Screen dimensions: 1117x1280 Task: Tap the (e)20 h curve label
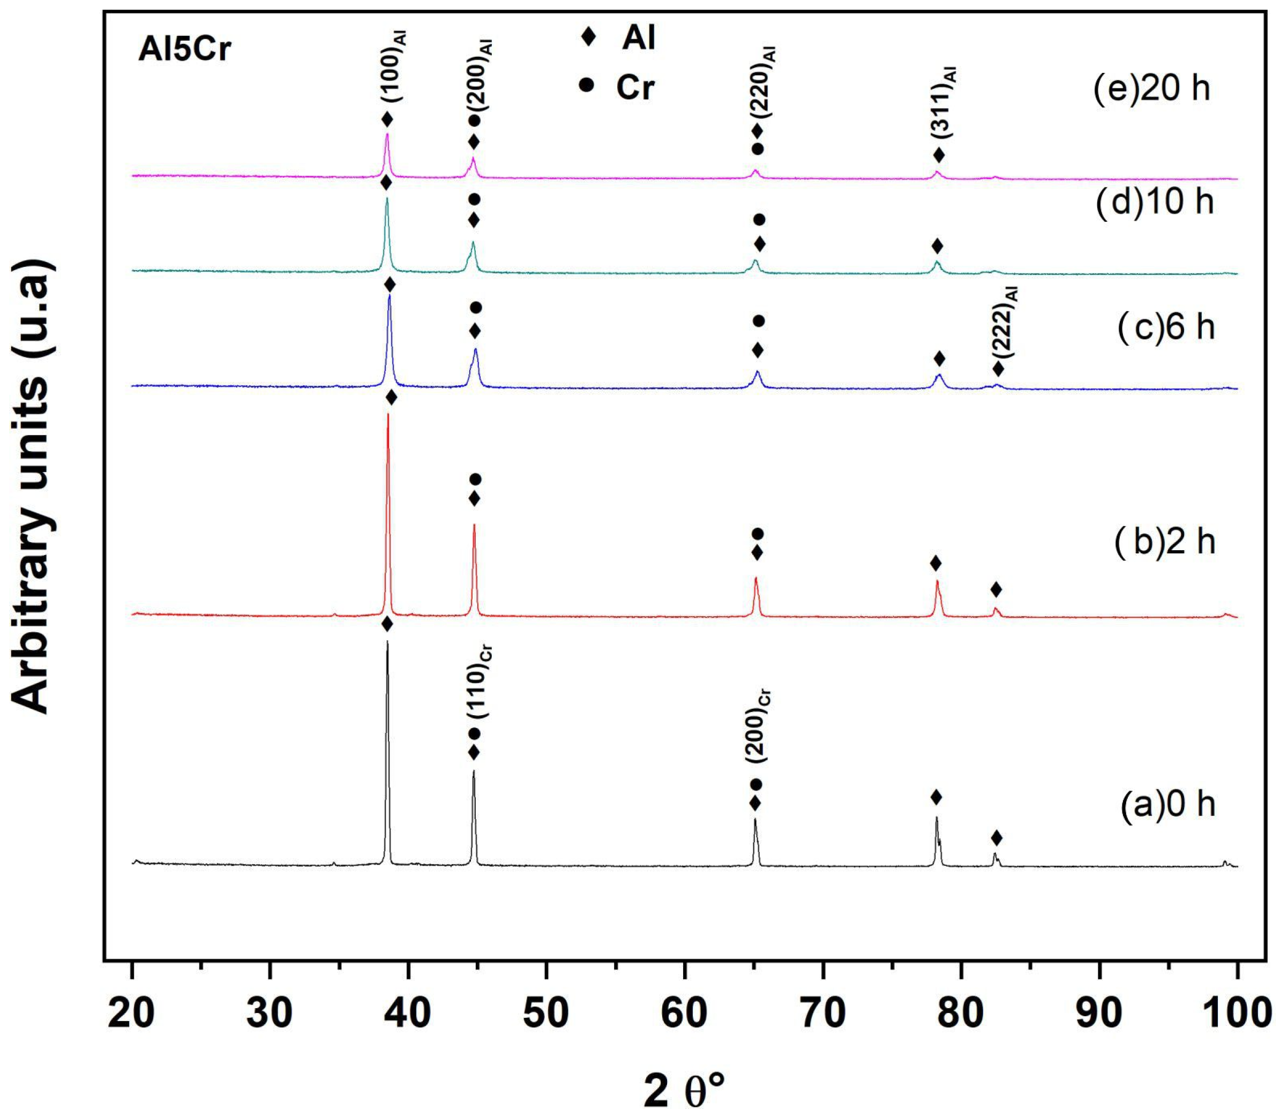(x=1151, y=89)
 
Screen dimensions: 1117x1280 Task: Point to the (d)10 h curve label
(x=1155, y=202)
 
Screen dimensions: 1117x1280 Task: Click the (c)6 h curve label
(x=1165, y=327)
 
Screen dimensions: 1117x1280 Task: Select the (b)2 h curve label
(x=1165, y=542)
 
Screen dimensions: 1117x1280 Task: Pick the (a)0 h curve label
(x=1167, y=804)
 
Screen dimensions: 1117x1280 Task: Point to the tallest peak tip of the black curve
(x=387, y=641)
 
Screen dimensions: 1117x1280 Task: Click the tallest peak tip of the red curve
(x=388, y=414)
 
